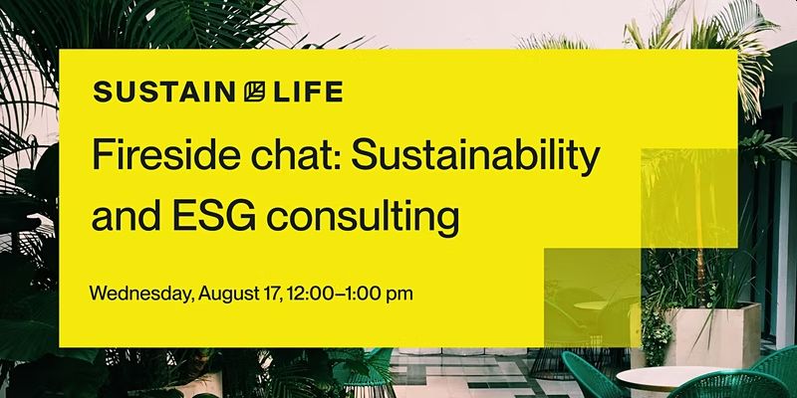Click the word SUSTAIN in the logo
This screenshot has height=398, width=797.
[x=163, y=93]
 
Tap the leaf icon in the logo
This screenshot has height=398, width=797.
[x=254, y=93]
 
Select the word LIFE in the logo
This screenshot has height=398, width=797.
[x=308, y=93]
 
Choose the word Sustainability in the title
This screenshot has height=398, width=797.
[x=476, y=158]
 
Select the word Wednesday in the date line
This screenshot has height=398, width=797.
[x=141, y=294]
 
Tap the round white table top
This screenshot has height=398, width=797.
[x=668, y=378]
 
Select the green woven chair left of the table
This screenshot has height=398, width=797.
[x=591, y=375]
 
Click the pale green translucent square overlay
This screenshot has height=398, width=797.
[x=592, y=298]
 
